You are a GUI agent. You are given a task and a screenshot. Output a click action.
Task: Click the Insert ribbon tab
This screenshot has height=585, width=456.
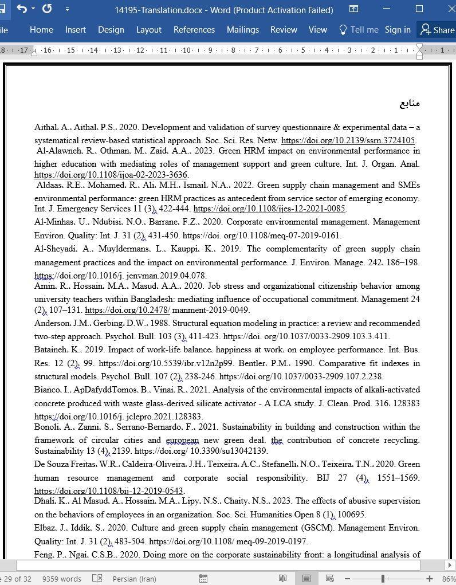tap(75, 30)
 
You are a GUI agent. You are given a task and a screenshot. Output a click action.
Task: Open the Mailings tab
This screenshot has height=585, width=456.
tap(242, 30)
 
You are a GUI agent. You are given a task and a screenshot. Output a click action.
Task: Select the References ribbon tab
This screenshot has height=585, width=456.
tap(194, 30)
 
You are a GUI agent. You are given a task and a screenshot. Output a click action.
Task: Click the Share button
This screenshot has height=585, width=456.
tap(438, 30)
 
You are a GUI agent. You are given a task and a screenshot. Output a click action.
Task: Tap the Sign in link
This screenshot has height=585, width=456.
tap(397, 30)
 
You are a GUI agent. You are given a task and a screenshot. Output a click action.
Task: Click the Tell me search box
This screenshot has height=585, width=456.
tap(359, 30)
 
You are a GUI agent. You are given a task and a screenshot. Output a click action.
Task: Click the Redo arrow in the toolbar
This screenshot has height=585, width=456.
tap(47, 9)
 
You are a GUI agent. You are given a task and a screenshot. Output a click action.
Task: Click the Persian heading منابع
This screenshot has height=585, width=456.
tap(410, 103)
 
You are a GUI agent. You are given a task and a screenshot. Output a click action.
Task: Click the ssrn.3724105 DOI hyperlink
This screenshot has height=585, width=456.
tap(348, 140)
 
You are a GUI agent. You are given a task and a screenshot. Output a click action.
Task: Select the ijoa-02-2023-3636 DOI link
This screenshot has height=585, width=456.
tap(111, 175)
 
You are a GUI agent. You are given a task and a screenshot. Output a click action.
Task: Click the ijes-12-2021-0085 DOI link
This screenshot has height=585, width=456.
tap(269, 209)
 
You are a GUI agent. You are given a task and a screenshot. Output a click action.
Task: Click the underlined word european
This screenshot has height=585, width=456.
tap(182, 441)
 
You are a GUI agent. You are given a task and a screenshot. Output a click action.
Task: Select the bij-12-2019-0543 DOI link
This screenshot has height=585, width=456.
tap(108, 491)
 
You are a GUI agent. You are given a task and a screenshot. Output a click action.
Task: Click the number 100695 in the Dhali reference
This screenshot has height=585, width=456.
tap(352, 515)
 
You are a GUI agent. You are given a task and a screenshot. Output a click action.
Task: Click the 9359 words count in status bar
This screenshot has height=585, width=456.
tap(61, 579)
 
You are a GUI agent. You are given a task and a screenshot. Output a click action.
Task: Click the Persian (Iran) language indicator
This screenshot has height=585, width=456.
tap(134, 579)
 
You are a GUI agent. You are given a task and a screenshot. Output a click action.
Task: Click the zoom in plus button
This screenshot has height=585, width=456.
tap(429, 579)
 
